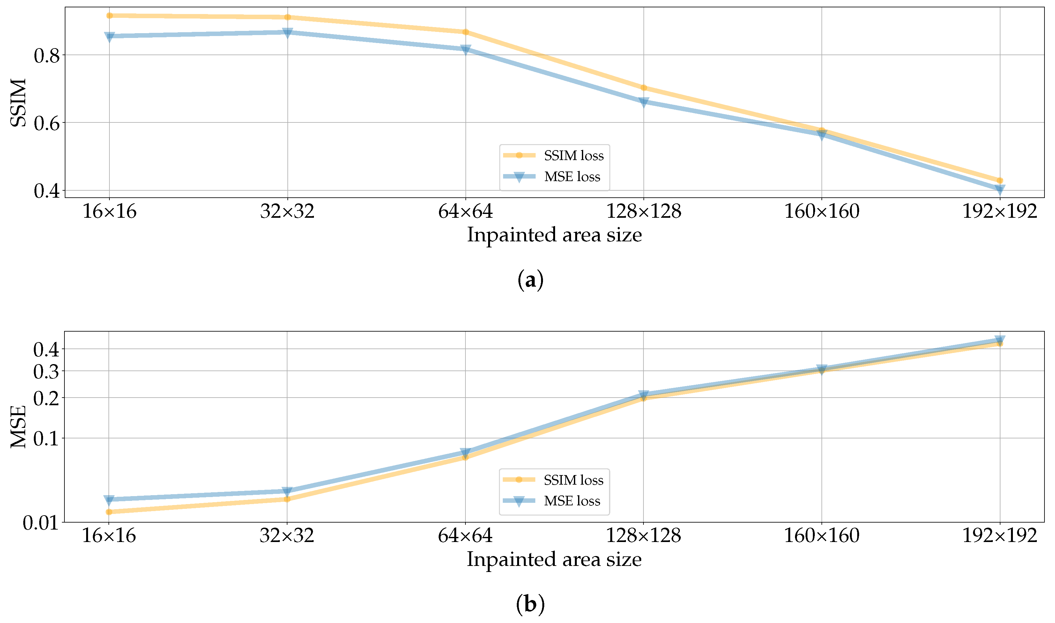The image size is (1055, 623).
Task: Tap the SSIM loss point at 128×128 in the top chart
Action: coord(643,88)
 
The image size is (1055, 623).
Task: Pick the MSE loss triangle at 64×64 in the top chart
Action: coord(465,50)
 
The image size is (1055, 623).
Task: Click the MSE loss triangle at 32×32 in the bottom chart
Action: coord(287,492)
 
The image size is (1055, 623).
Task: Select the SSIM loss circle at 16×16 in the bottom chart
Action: coord(109,512)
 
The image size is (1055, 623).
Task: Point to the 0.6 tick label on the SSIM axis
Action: coord(47,123)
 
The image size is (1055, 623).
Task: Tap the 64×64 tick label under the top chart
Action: coord(465,211)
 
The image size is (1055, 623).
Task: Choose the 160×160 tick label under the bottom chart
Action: coord(821,536)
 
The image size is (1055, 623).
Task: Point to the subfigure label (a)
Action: coord(531,280)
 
